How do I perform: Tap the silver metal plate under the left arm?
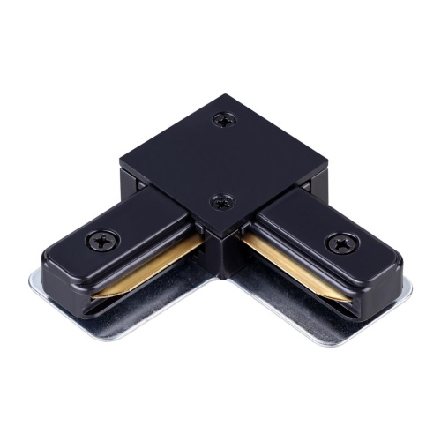106,300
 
